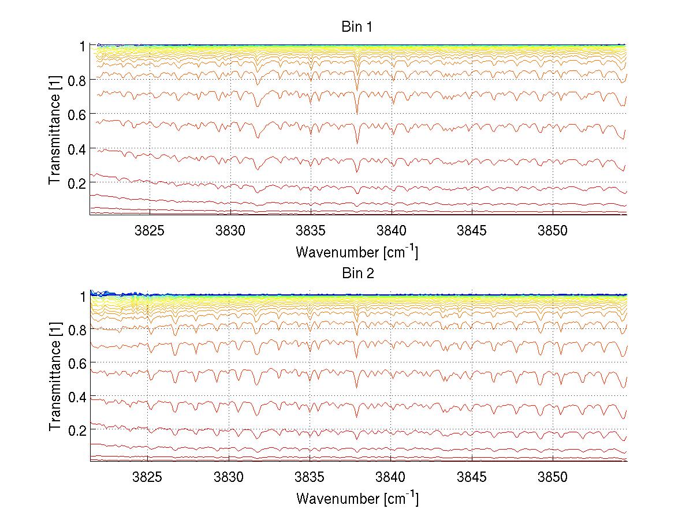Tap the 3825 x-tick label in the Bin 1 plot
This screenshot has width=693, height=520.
click(150, 230)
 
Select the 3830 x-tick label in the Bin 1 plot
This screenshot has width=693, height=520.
click(230, 230)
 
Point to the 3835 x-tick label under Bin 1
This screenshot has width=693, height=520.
click(311, 230)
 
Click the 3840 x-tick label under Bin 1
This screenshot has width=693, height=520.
click(392, 230)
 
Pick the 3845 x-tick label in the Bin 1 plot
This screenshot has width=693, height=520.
click(472, 230)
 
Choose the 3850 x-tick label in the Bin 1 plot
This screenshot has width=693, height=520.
click(553, 230)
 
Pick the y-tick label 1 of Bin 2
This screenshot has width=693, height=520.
click(83, 296)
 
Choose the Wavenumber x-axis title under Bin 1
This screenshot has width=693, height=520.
click(357, 252)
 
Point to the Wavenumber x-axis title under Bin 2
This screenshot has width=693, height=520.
click(357, 498)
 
